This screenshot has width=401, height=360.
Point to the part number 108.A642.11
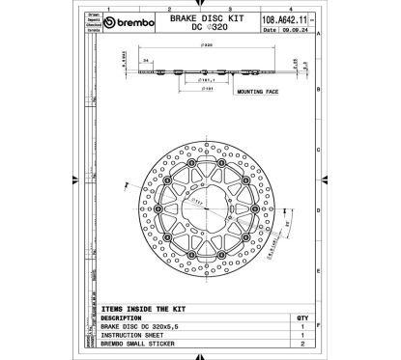(x=277, y=18)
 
